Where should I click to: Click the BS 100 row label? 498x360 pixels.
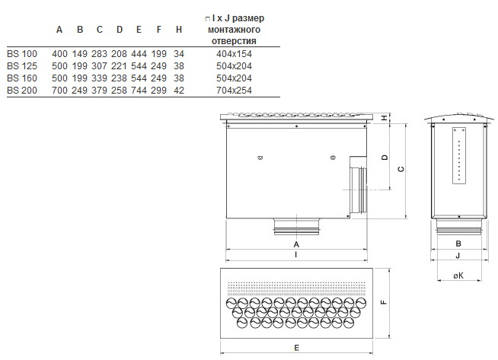(22, 53)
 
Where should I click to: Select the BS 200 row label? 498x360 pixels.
(22, 91)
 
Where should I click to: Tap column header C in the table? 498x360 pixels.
(100, 30)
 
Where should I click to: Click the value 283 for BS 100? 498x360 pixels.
(99, 53)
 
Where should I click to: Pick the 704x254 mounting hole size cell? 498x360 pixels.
(234, 91)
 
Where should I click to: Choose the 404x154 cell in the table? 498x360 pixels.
(234, 53)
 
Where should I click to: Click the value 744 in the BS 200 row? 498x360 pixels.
(139, 91)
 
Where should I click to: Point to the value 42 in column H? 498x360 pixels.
(179, 91)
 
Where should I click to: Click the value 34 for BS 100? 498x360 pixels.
(179, 53)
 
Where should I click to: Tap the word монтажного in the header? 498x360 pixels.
(234, 30)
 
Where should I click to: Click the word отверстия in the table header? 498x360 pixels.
(234, 41)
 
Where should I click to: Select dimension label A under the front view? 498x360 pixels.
(296, 244)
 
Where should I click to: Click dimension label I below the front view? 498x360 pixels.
(296, 255)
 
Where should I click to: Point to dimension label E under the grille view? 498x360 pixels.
(297, 348)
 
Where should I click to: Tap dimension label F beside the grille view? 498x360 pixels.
(384, 302)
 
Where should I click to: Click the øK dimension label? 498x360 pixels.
(458, 276)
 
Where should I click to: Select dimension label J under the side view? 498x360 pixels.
(458, 256)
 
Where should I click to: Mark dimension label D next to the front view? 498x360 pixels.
(385, 158)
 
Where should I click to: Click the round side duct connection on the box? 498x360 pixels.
(358, 184)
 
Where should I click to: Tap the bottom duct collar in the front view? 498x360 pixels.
(297, 227)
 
